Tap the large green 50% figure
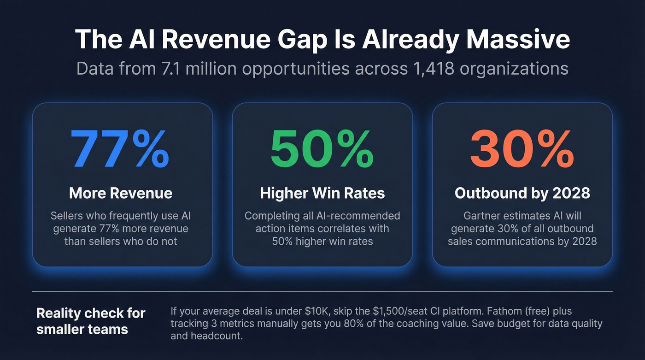coord(322,149)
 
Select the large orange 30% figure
coord(522,149)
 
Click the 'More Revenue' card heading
coord(121,193)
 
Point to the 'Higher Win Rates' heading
coord(322,193)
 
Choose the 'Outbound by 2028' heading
coord(522,193)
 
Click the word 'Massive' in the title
coord(518,40)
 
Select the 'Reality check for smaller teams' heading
coord(91,321)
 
